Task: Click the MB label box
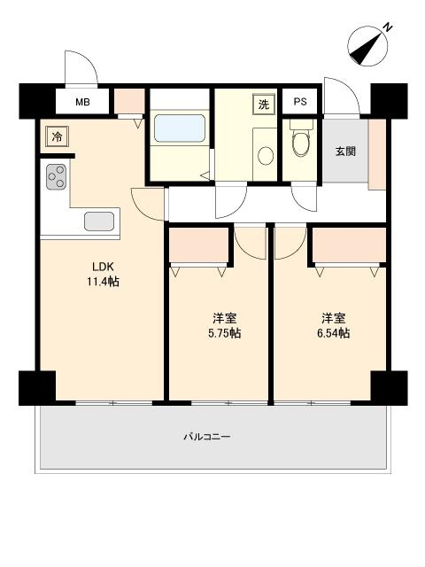[81, 102]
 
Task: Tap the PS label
[300, 102]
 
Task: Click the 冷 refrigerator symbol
[56, 136]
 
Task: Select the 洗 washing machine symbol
[263, 104]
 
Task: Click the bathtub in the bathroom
[180, 128]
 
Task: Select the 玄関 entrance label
[345, 151]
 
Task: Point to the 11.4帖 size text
[103, 283]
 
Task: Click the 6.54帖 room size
[333, 333]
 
